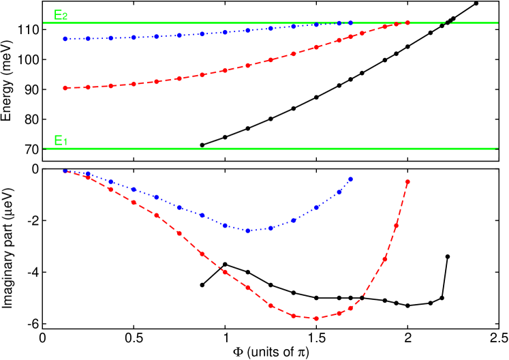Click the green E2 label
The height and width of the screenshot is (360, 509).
click(60, 15)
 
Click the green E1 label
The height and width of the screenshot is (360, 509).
click(60, 141)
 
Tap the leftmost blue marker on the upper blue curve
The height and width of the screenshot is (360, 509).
click(65, 39)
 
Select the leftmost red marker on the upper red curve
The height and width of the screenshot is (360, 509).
click(65, 88)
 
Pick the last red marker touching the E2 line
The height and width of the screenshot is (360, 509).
click(407, 22)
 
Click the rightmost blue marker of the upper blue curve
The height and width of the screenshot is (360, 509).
click(350, 23)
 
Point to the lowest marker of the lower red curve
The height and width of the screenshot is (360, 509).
click(315, 318)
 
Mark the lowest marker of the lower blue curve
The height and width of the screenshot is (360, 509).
click(248, 230)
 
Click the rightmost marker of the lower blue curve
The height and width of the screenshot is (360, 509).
click(350, 179)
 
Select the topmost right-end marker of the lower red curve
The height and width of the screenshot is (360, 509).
click(407, 182)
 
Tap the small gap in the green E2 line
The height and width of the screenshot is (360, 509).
click(446, 23)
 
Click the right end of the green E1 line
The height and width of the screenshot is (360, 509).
click(495, 149)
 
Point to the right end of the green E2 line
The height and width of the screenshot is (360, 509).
click(497, 23)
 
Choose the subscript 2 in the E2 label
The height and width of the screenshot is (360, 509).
click(65, 17)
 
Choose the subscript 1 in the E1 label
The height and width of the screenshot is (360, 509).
click(65, 143)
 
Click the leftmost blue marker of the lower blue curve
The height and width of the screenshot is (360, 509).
click(65, 170)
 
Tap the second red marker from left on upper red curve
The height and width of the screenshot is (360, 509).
click(87, 87)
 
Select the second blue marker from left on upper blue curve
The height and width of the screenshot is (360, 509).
click(87, 39)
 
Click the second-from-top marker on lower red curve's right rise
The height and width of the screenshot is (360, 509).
click(396, 225)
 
